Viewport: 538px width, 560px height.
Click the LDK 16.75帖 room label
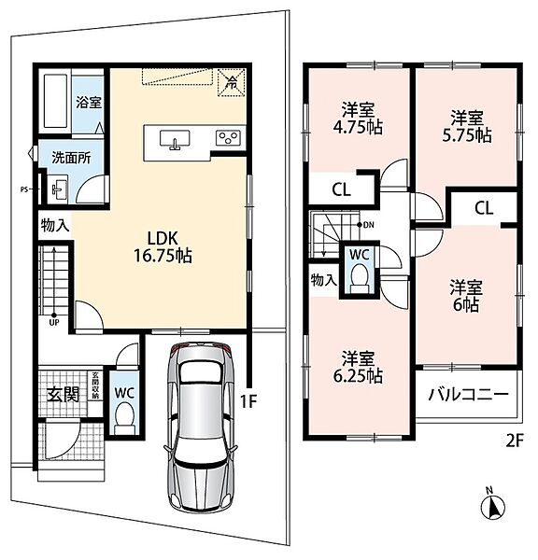163,246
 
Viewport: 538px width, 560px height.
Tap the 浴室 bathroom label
89,103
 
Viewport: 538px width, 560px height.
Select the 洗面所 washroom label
72,158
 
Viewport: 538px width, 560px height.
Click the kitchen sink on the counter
175,139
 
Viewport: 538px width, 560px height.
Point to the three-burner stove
229,138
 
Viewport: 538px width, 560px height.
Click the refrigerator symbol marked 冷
232,82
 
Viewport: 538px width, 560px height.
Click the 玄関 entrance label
64,395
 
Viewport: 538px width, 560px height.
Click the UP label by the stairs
54,323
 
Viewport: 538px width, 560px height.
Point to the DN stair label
369,225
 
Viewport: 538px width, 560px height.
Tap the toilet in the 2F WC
360,278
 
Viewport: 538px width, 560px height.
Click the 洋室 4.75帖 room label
358,119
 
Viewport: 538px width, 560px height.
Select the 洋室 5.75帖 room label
467,126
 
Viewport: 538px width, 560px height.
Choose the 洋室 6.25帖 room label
358,367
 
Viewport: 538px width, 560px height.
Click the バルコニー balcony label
468,395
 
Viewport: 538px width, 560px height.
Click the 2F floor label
515,441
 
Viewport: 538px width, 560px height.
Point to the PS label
23,189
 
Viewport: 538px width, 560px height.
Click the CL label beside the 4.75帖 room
342,189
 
